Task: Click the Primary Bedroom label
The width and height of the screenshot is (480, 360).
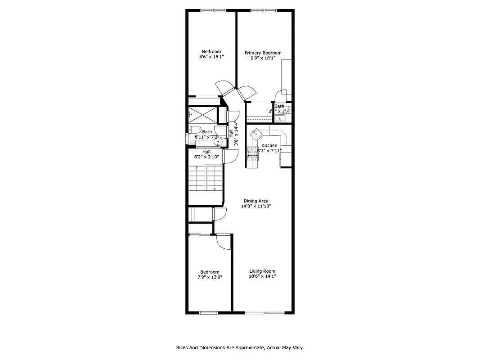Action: pyautogui.click(x=266, y=53)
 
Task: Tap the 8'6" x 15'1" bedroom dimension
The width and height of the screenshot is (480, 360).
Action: pyautogui.click(x=211, y=57)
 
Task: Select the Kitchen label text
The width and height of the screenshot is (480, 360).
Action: pyautogui.click(x=269, y=145)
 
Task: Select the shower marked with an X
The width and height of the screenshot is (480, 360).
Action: pyautogui.click(x=202, y=114)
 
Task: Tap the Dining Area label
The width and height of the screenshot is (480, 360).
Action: pyautogui.click(x=256, y=201)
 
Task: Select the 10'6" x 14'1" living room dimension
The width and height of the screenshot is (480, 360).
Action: pyautogui.click(x=262, y=276)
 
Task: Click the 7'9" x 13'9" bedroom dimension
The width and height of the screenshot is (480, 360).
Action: pyautogui.click(x=210, y=277)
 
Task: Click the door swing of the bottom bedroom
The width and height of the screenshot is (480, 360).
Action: pyautogui.click(x=224, y=243)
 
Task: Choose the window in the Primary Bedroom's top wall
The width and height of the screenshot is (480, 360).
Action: pyautogui.click(x=264, y=10)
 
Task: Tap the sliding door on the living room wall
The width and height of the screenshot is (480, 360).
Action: pyautogui.click(x=265, y=312)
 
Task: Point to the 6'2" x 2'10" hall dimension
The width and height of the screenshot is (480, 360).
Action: pyautogui.click(x=206, y=157)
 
